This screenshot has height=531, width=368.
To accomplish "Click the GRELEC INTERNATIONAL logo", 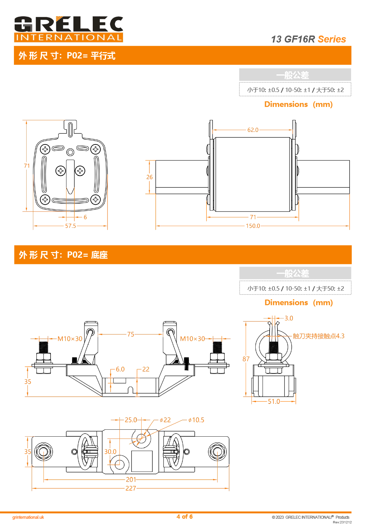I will click(x=68, y=29).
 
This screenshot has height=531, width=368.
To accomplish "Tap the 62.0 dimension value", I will click(x=253, y=130).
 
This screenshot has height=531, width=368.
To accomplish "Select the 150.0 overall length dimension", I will click(x=253, y=226).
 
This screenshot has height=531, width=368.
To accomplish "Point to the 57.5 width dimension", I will click(x=70, y=226).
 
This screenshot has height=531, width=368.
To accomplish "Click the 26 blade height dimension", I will click(x=150, y=177).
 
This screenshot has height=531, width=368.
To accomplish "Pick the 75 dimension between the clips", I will click(x=131, y=334).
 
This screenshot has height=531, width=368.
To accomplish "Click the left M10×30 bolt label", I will click(x=70, y=339).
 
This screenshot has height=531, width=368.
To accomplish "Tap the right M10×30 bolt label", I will click(x=192, y=339).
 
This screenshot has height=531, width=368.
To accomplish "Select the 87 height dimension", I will click(x=246, y=359).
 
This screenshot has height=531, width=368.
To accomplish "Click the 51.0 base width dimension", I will click(x=274, y=401).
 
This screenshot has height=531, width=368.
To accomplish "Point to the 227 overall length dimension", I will click(x=131, y=488).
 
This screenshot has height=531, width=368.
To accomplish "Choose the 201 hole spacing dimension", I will click(x=131, y=480).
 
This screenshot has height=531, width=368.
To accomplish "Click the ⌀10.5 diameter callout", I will click(x=196, y=420).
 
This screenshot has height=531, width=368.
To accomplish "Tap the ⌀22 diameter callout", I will click(x=165, y=420).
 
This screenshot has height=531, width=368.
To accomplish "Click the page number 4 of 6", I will click(x=184, y=516).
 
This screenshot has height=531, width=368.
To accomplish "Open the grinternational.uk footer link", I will click(x=28, y=517).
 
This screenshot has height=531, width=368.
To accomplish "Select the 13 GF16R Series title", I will click(x=308, y=39).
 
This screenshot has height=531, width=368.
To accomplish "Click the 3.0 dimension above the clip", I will click(x=289, y=318).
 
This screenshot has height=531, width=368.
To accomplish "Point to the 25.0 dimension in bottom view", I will click(x=131, y=420).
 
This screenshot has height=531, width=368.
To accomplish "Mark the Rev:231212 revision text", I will click(x=342, y=522).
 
